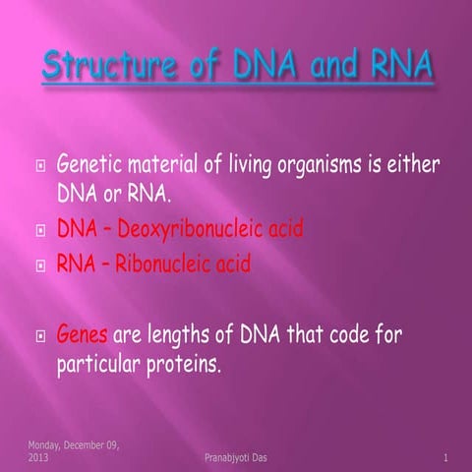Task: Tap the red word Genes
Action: pyautogui.click(x=85, y=334)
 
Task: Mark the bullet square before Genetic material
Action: pyautogui.click(x=40, y=162)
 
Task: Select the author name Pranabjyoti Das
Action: pyautogui.click(x=231, y=457)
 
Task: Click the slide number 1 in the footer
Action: pyautogui.click(x=445, y=457)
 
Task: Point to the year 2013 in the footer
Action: pyautogui.click(x=39, y=457)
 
